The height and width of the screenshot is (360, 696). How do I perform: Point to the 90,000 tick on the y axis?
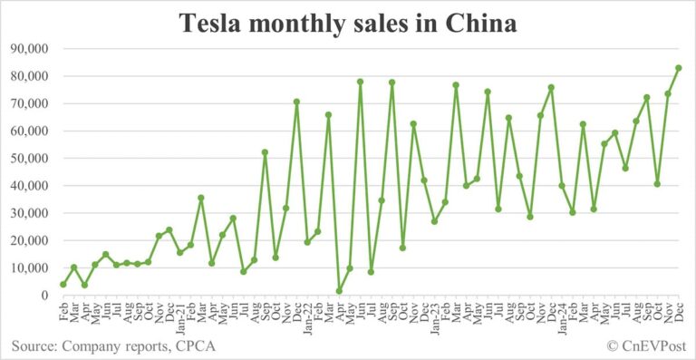(x=30, y=48)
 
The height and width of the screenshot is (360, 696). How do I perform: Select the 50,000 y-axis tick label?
(x=30, y=158)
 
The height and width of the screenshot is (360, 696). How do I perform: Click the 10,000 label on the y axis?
(x=30, y=268)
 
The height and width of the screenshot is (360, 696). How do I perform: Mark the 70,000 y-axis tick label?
(x=30, y=103)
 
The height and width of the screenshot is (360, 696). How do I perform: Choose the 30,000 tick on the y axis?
(x=30, y=213)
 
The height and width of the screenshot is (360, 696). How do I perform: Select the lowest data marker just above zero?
(x=339, y=291)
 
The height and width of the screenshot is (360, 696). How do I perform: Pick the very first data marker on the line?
(x=63, y=285)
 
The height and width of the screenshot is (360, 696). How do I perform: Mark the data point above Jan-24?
(x=562, y=186)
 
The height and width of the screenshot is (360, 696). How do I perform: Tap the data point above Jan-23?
(x=434, y=221)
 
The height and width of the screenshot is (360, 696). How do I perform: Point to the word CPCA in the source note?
(x=198, y=346)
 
